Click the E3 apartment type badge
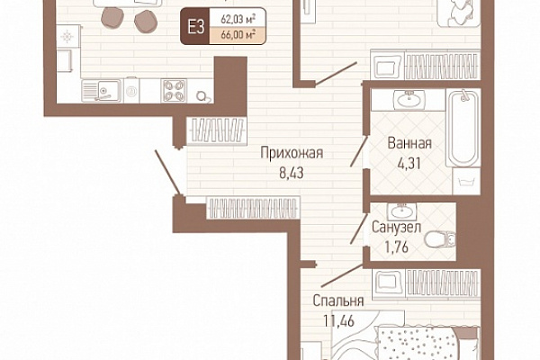(195, 26)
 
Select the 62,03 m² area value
(238, 18)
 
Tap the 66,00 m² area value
(238, 35)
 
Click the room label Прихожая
(292, 153)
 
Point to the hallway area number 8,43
(292, 173)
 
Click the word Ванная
(409, 143)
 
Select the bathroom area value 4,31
(409, 163)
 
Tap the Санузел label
(396, 228)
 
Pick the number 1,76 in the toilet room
(396, 247)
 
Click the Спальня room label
(338, 301)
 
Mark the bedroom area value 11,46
(339, 321)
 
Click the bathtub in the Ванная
(463, 128)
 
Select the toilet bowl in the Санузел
(439, 239)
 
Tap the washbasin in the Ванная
(409, 100)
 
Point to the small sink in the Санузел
(401, 211)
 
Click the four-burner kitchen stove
(174, 91)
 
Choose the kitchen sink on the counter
(102, 91)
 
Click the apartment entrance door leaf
(167, 173)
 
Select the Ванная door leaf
(359, 151)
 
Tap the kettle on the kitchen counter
(202, 96)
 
